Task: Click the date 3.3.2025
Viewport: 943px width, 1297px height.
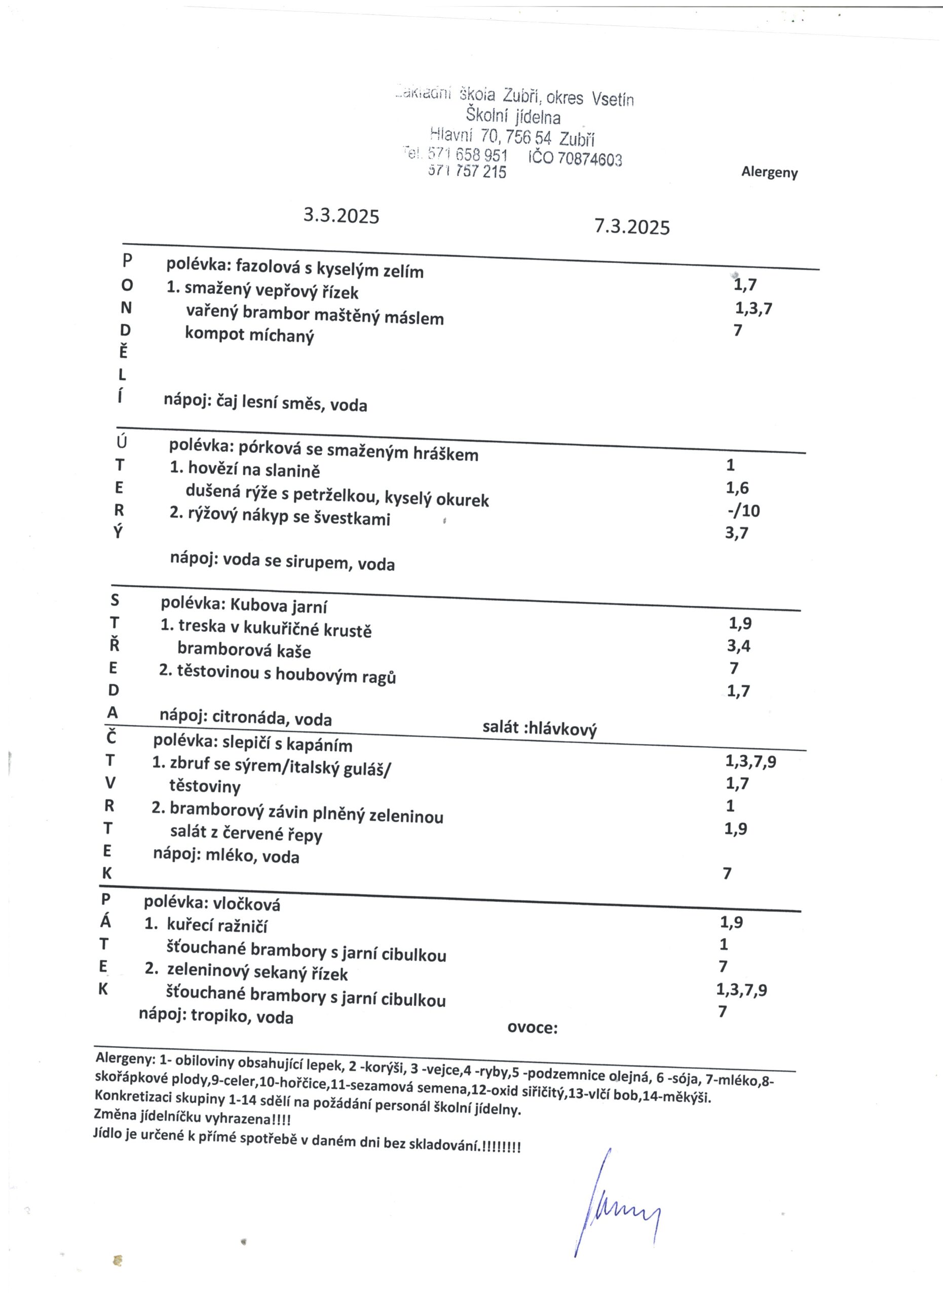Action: (341, 216)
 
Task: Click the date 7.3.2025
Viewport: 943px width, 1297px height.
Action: (631, 227)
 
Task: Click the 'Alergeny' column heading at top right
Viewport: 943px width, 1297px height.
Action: (769, 172)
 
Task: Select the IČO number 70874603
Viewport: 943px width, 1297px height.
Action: (589, 159)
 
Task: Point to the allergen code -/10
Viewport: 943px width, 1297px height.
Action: (743, 510)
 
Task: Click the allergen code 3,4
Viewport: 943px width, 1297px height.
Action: (738, 645)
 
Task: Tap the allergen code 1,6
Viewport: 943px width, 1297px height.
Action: (737, 488)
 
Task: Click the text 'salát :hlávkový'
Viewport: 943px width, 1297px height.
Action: (539, 728)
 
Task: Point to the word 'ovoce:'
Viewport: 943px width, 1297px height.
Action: (532, 1027)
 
